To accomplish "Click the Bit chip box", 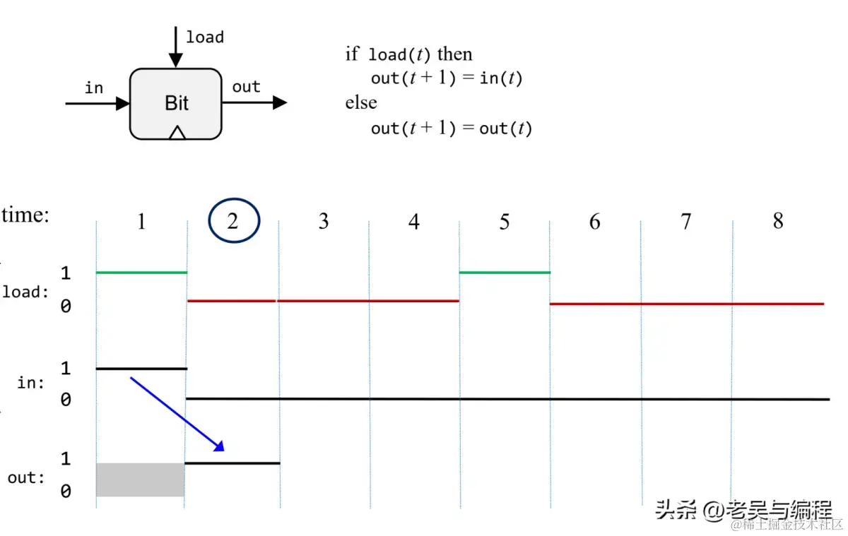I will click(x=176, y=103).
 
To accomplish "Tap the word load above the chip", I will click(x=205, y=37).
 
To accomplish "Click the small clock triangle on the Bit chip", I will click(x=177, y=132).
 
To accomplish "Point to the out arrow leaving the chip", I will click(x=254, y=103).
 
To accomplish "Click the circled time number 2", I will click(x=234, y=221).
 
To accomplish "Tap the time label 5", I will click(x=504, y=222).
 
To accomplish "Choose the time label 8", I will click(x=777, y=221).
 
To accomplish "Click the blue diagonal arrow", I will click(x=177, y=414).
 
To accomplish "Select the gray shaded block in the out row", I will click(x=140, y=480).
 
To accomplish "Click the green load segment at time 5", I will click(x=504, y=272).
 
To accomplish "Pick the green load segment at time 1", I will click(x=141, y=272).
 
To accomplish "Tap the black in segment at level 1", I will click(x=141, y=369).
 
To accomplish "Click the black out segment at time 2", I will click(x=232, y=463).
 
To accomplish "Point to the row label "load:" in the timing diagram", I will click(x=26, y=292).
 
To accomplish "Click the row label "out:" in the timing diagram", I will click(x=26, y=478).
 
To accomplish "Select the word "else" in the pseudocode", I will click(x=361, y=102).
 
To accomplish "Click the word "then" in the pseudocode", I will click(x=455, y=54).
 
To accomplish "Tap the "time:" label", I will click(x=26, y=215).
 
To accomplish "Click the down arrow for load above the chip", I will click(x=176, y=46).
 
